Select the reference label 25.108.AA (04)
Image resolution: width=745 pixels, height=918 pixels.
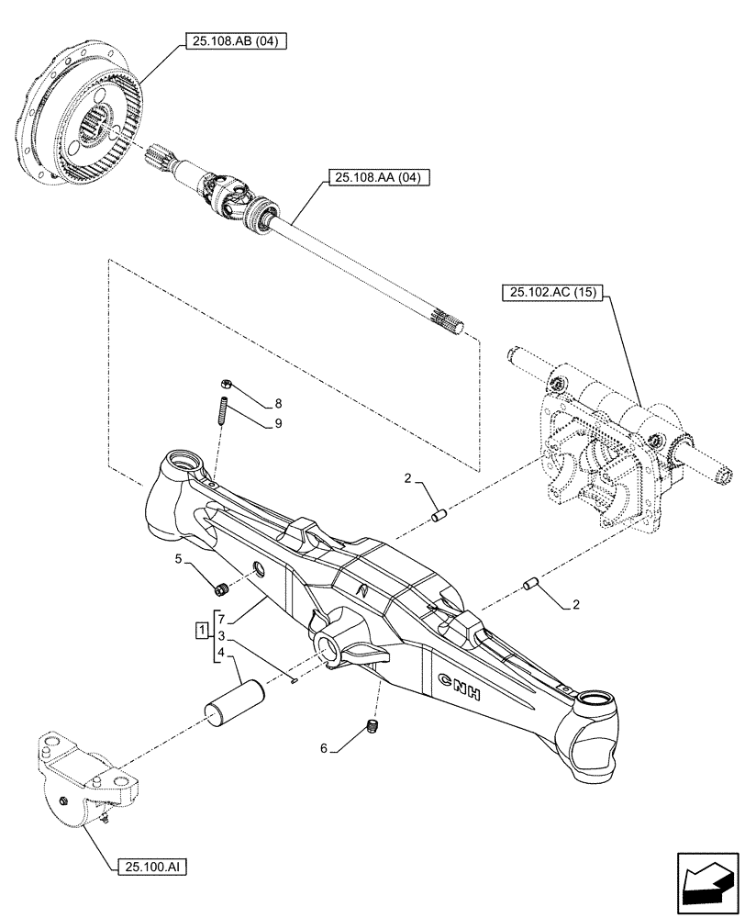(x=375, y=179)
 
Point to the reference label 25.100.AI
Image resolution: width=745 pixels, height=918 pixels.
(x=152, y=866)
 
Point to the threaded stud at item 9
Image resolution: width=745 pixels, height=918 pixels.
(x=222, y=407)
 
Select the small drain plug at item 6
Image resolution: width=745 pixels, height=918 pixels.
(x=372, y=727)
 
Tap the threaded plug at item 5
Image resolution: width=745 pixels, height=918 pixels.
(x=221, y=588)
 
